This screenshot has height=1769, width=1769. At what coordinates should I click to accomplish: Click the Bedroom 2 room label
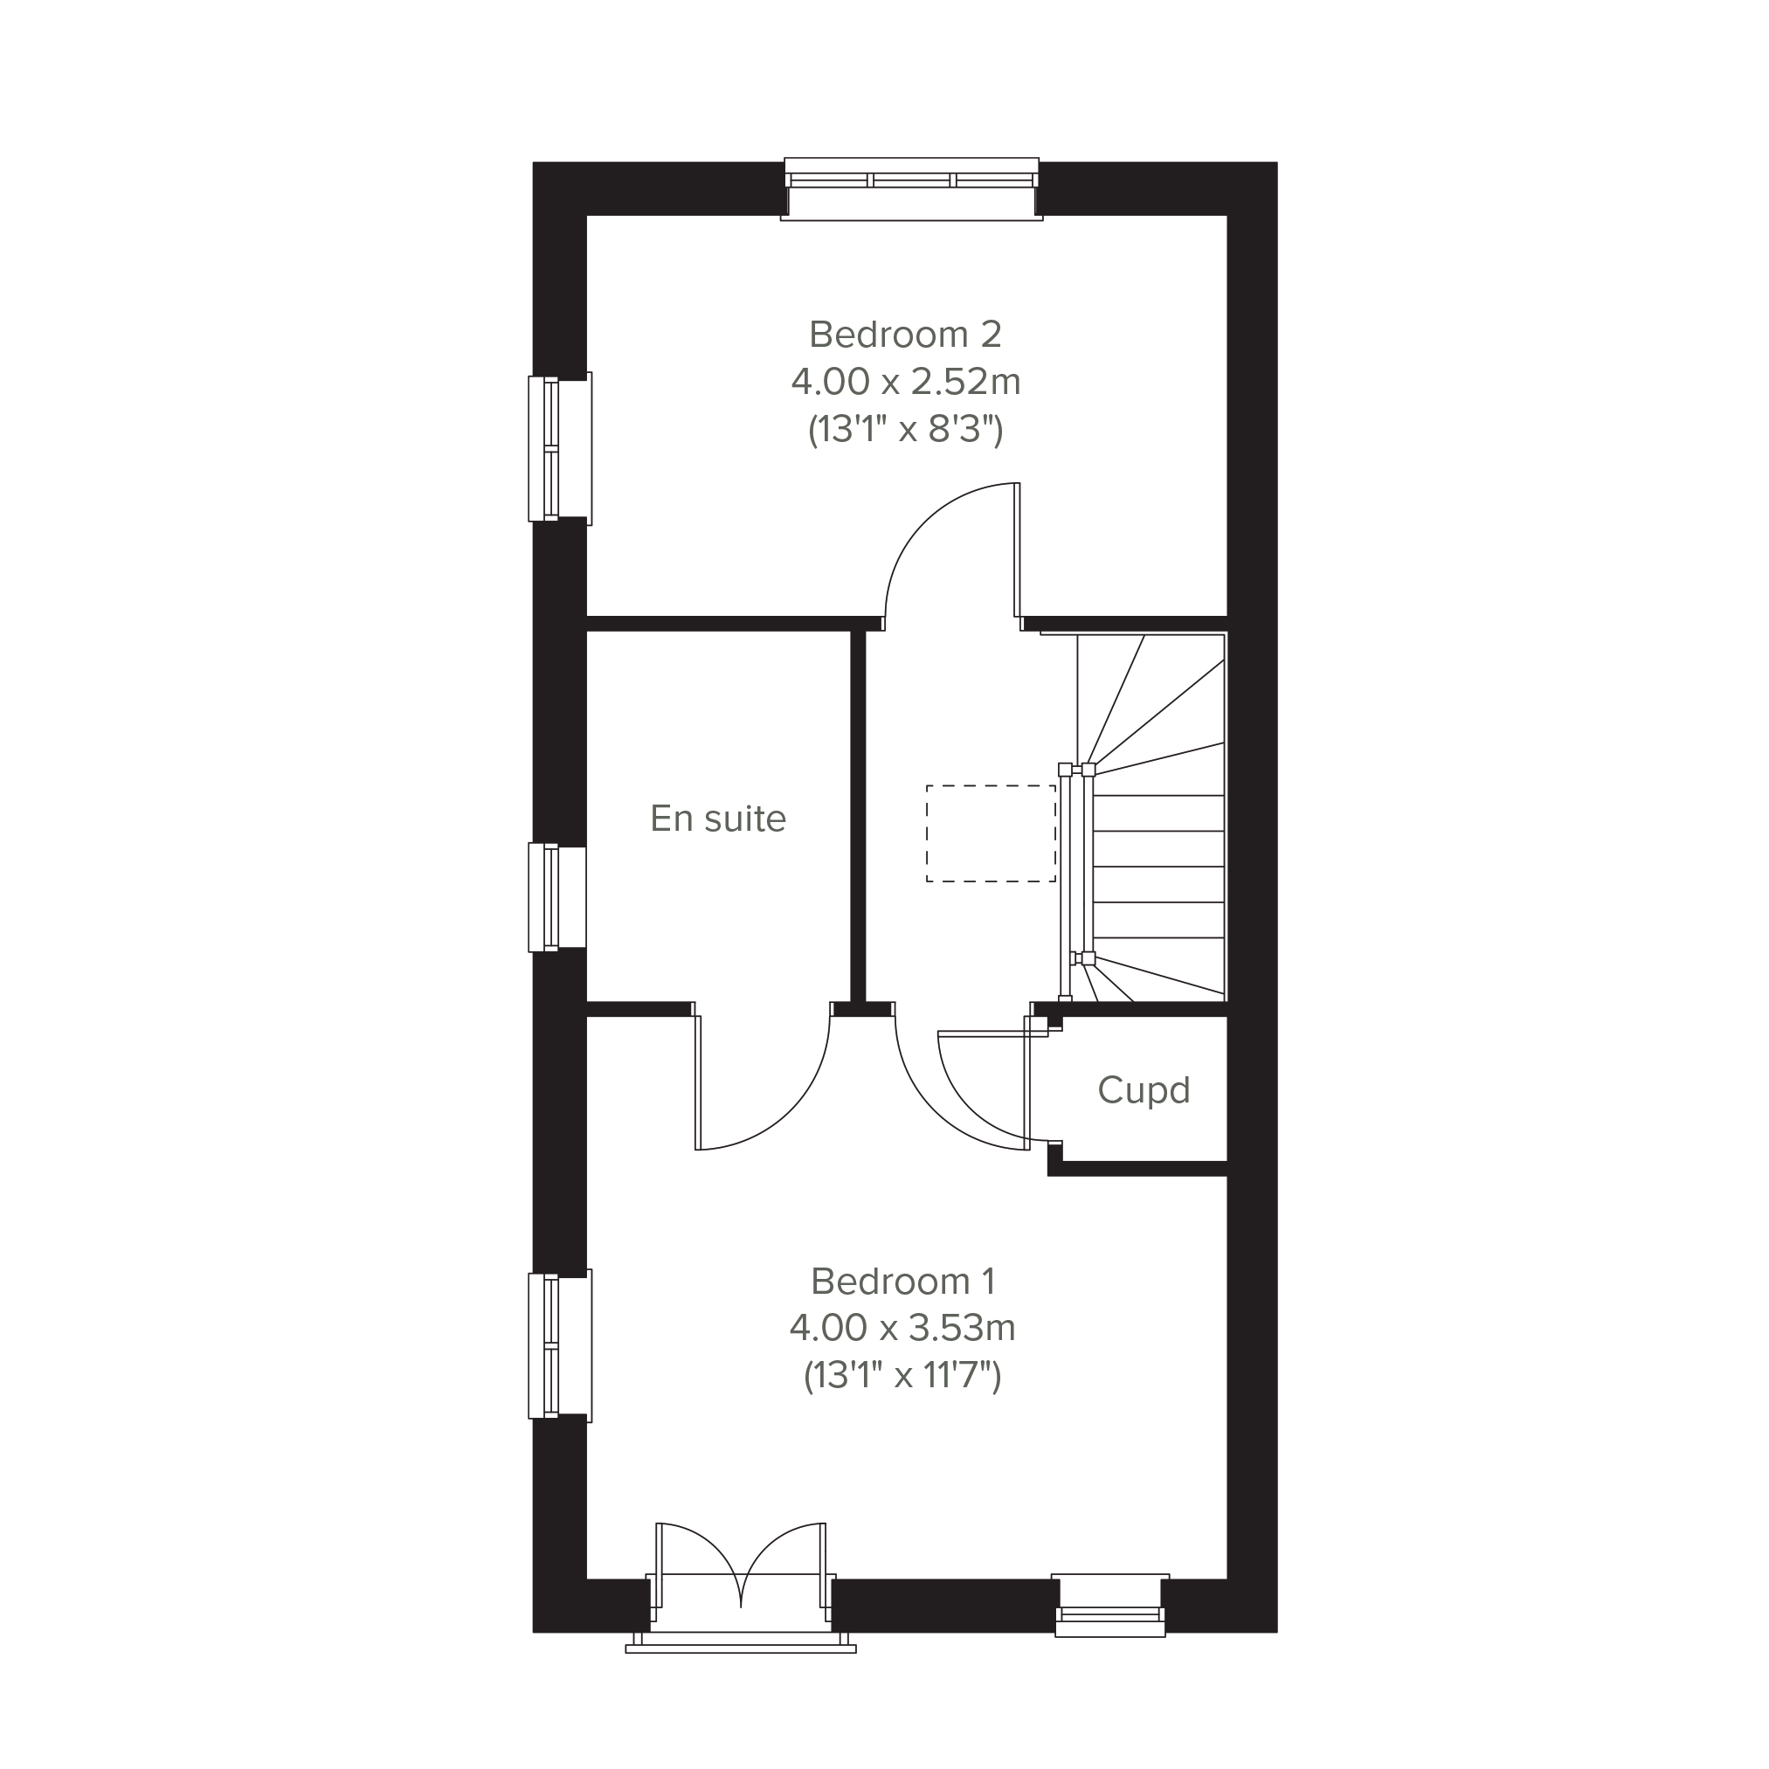pyautogui.click(x=906, y=335)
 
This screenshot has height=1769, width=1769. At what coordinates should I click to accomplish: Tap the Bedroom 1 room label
pyautogui.click(x=902, y=1281)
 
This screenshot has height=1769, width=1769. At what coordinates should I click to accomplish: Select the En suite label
pyautogui.click(x=718, y=819)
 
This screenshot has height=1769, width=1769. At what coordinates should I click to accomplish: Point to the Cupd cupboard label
pyautogui.click(x=1144, y=1090)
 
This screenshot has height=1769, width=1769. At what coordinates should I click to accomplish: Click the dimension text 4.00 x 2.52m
pyautogui.click(x=906, y=382)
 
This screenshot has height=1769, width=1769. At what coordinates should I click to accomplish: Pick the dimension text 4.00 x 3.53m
pyautogui.click(x=902, y=1328)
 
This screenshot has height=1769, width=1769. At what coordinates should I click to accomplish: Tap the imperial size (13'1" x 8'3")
pyautogui.click(x=906, y=429)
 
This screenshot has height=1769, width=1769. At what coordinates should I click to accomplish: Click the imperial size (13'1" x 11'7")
pyautogui.click(x=902, y=1375)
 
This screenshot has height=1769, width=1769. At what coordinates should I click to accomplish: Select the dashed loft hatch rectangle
pyautogui.click(x=991, y=833)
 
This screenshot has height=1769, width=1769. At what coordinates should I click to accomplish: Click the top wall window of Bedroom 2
pyautogui.click(x=912, y=189)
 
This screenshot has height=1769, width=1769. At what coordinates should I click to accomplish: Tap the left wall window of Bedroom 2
pyautogui.click(x=559, y=449)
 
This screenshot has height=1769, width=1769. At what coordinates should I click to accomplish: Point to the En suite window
pyautogui.click(x=556, y=897)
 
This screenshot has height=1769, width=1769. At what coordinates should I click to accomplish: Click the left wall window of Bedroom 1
pyautogui.click(x=559, y=1345)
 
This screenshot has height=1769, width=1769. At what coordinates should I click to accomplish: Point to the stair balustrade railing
pyautogui.click(x=1075, y=881)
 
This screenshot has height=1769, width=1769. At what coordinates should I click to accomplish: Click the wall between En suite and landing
pyautogui.click(x=858, y=816)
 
